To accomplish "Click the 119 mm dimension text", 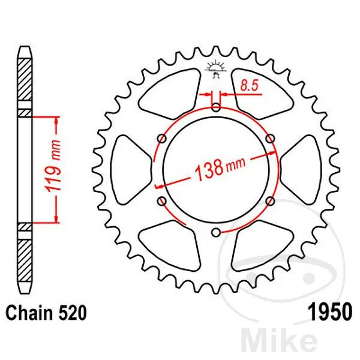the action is click(x=53, y=166).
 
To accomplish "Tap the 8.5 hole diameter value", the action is click(x=250, y=86).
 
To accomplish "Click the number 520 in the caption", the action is click(x=73, y=313).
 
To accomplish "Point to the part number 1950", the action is click(x=329, y=312).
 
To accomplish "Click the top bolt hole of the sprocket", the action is click(x=216, y=107).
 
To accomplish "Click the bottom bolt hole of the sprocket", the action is click(x=216, y=233).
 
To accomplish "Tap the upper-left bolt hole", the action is click(x=162, y=139).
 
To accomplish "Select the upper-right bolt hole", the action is click(x=270, y=139).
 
